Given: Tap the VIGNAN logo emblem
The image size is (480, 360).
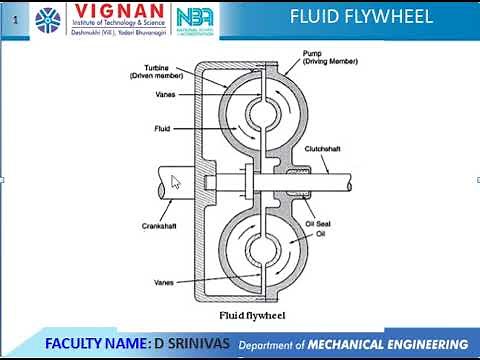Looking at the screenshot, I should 47,19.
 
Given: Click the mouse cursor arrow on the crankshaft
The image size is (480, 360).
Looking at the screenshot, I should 176,182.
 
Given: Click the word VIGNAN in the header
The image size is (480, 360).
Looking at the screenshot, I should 111,13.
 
